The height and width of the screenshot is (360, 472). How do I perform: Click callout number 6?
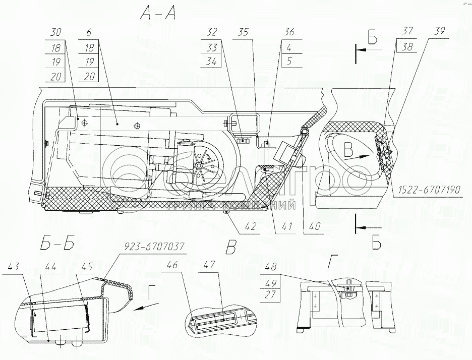pos(89,32)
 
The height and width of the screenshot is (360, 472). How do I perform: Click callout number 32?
pos(211,32)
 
